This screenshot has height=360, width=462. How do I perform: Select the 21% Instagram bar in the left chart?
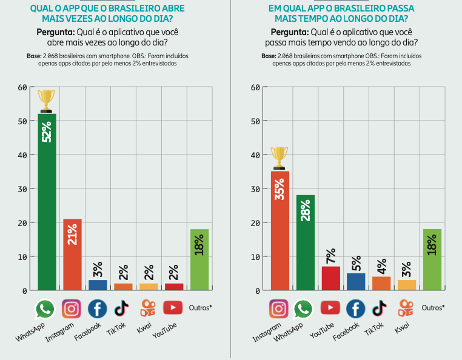(72, 255)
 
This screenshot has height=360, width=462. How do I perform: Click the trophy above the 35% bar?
(279, 158)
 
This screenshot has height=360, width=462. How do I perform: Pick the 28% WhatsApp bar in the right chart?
(305, 242)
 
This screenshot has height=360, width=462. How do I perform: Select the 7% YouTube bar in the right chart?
(330, 278)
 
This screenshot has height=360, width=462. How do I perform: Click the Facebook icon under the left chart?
(97, 308)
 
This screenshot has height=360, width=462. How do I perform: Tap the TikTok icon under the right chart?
(380, 308)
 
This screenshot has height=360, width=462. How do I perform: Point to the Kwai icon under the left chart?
(147, 308)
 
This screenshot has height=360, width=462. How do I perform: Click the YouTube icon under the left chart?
(173, 308)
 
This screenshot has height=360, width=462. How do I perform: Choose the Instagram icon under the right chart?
(279, 308)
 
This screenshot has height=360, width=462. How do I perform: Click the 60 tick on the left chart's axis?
(22, 87)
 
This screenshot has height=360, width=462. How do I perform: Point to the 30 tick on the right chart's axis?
(255, 189)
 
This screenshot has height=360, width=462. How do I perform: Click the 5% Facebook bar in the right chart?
(356, 282)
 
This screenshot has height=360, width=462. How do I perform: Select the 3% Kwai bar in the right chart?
(406, 285)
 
